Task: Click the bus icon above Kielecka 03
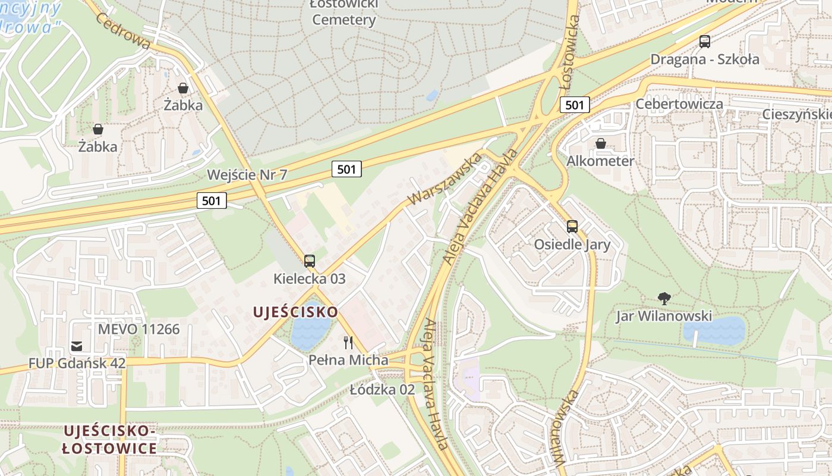(309, 261)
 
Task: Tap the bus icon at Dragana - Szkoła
(705, 42)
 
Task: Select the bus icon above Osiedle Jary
(572, 227)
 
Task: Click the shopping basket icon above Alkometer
(601, 143)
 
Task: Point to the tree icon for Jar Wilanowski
(664, 298)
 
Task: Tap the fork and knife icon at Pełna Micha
(348, 343)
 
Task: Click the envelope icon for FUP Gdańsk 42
(77, 346)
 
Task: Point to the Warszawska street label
(445, 179)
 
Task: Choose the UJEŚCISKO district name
(295, 312)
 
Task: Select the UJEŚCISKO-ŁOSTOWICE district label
(110, 439)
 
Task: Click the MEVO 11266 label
(138, 329)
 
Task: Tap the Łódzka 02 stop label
(382, 390)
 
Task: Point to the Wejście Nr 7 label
(247, 175)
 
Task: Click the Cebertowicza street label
(679, 104)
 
